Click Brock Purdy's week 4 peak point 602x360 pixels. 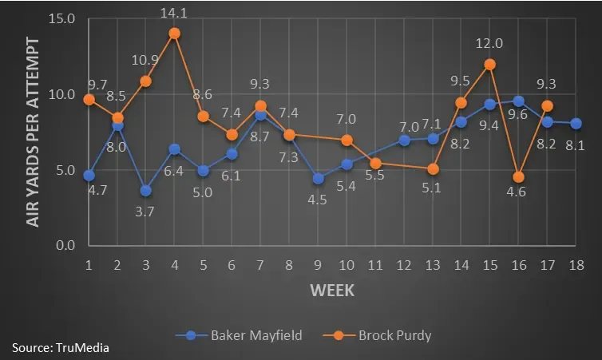point(174,34)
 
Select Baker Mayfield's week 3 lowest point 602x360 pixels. point(145,190)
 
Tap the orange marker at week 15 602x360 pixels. point(490,65)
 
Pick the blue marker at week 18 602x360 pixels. point(576,123)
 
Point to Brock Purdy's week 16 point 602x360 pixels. point(519,176)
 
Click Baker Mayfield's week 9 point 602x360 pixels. point(318,178)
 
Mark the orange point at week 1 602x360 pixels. point(89,100)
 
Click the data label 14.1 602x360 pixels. point(174,13)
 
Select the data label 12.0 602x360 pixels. point(490,44)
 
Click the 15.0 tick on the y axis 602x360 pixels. point(61,18)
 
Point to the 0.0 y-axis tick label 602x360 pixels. point(64,245)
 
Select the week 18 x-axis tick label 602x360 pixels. point(576,263)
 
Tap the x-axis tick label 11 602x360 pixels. point(375,263)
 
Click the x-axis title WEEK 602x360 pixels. point(332,290)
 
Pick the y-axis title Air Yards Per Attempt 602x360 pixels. point(33,132)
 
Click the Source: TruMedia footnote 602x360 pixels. point(61,347)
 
